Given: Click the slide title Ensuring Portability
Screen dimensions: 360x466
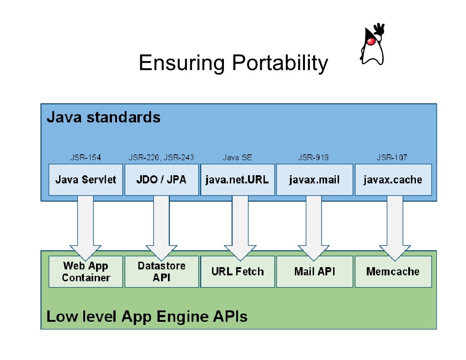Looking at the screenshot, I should click(x=233, y=63).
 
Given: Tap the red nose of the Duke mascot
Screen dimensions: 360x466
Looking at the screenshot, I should click(x=370, y=41).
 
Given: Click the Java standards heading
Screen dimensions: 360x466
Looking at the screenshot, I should click(x=104, y=117).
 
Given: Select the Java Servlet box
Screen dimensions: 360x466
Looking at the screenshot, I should click(x=86, y=180).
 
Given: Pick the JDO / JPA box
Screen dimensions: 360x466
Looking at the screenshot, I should click(x=161, y=180).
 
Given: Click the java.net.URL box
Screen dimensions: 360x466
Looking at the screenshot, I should click(x=237, y=180).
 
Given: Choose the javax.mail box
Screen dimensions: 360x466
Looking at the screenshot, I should click(x=314, y=180).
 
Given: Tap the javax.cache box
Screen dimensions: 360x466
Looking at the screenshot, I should click(x=393, y=180).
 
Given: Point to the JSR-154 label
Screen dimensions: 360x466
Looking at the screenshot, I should click(x=86, y=157).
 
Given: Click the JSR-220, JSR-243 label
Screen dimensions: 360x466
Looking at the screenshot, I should click(x=161, y=157).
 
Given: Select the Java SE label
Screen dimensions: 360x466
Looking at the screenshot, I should click(x=237, y=157).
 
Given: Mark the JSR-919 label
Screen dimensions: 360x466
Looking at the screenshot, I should click(x=314, y=157).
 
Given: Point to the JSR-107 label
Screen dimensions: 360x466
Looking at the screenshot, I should click(x=392, y=157).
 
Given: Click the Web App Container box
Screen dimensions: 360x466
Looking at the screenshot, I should click(x=86, y=272).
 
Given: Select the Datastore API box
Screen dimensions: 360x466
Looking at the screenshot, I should click(x=162, y=272).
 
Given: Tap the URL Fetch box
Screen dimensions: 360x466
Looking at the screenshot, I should click(x=238, y=272).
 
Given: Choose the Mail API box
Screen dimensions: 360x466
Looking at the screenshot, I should click(x=314, y=272).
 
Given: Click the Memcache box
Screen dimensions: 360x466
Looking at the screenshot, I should click(x=393, y=272).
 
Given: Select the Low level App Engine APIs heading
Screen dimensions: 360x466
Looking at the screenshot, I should click(x=147, y=316).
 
